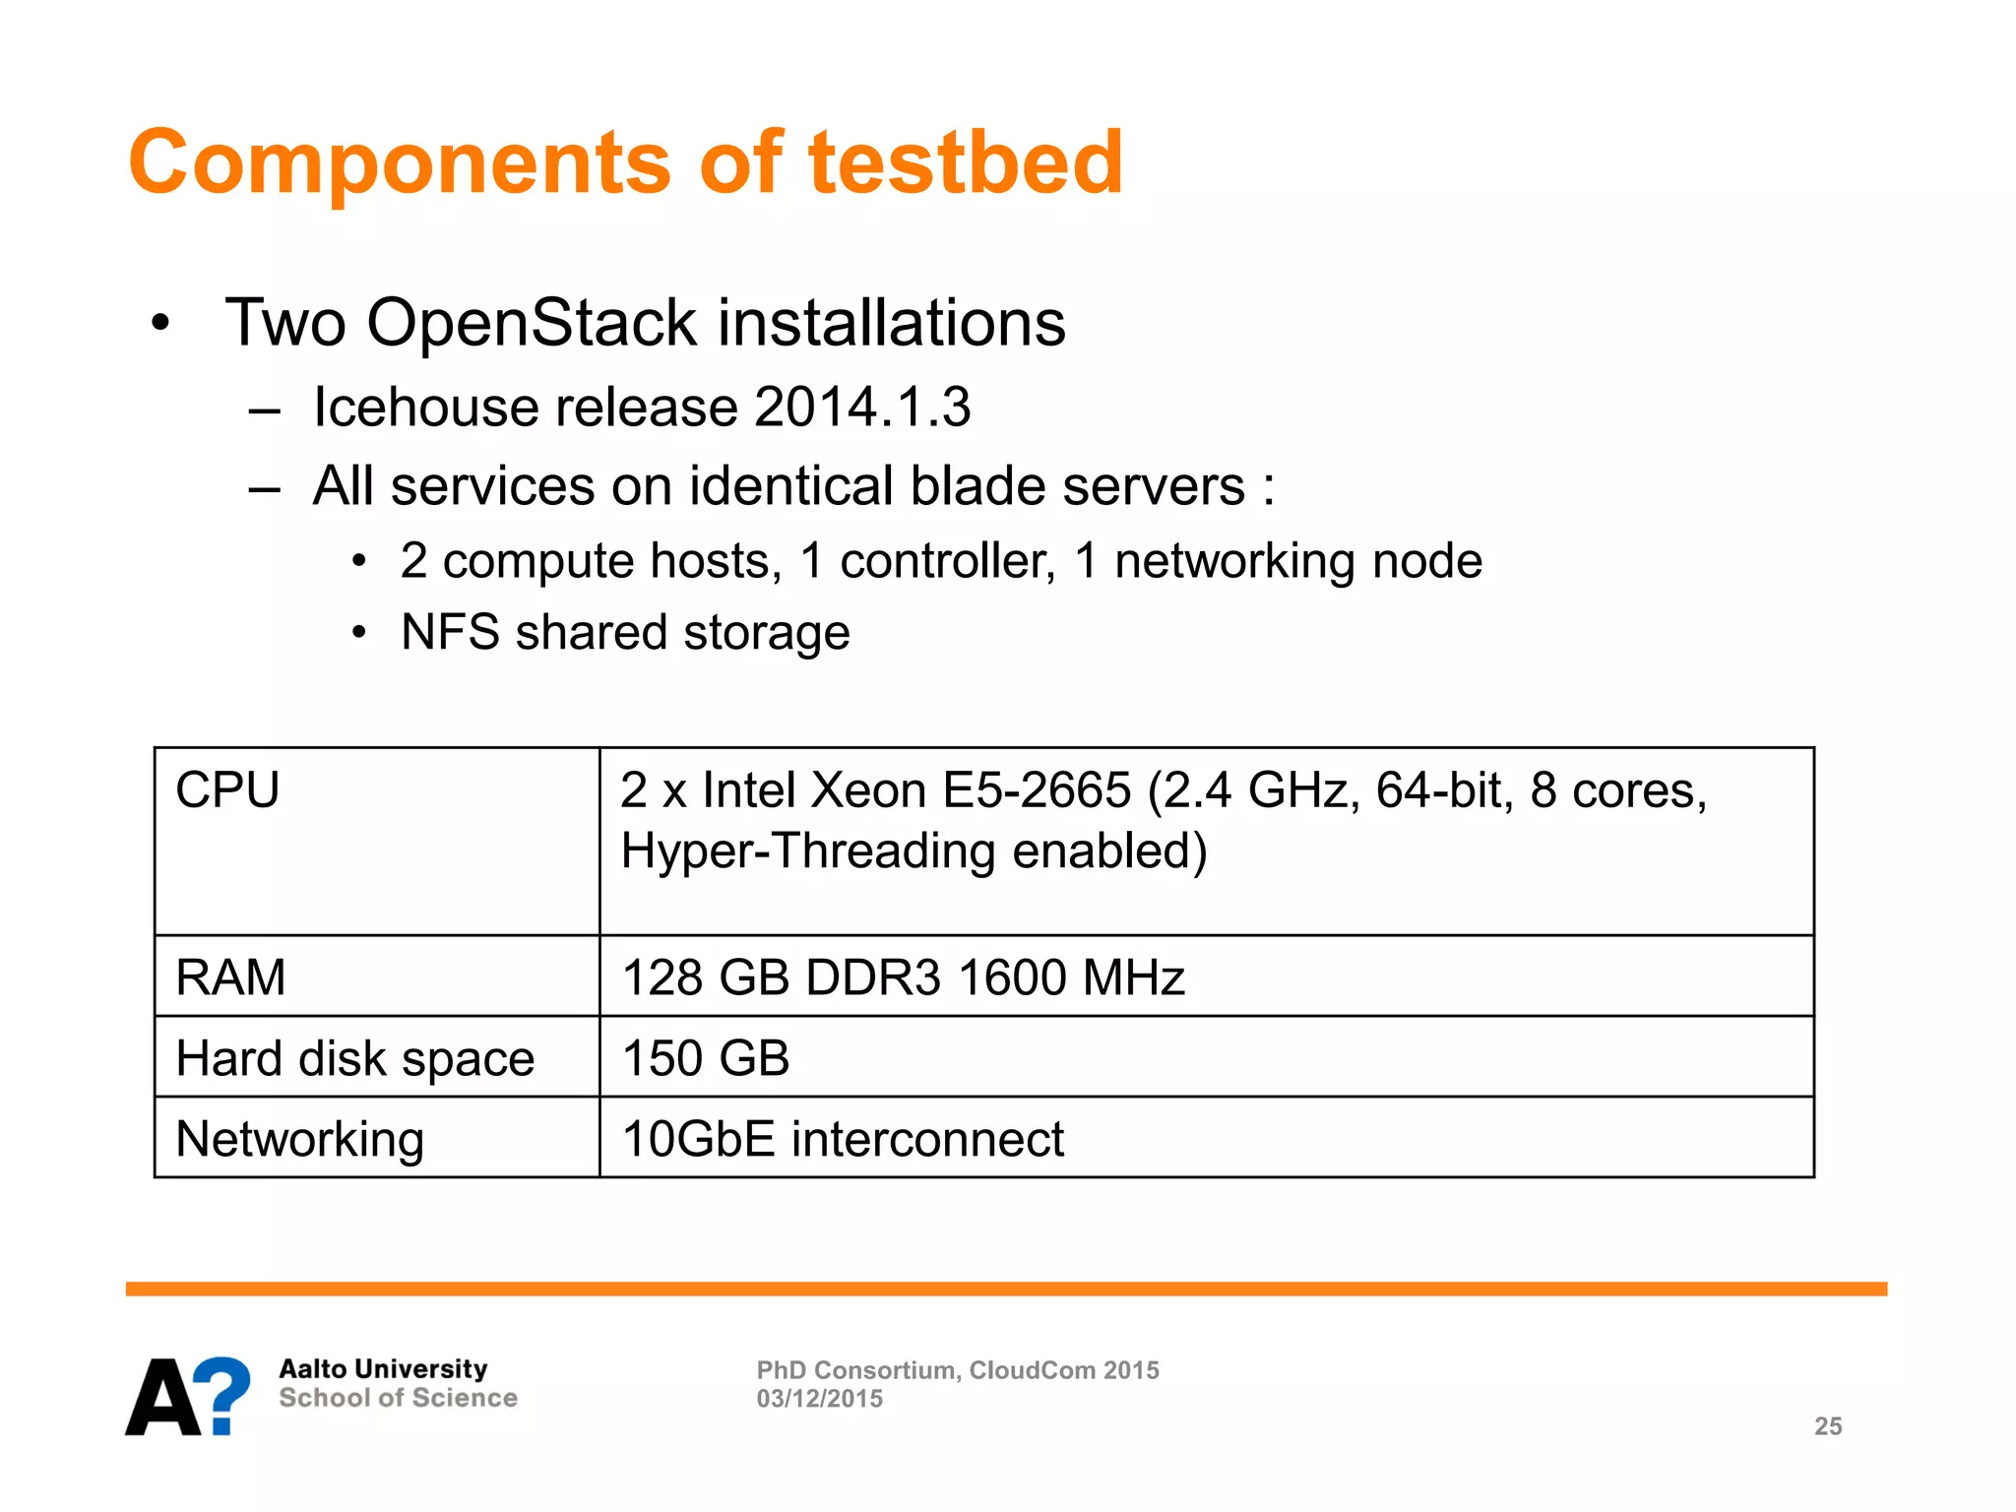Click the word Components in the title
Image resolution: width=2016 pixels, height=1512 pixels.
(x=399, y=162)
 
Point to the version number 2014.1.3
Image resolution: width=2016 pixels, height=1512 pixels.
(x=862, y=407)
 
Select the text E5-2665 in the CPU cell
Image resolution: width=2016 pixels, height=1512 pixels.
(x=1037, y=790)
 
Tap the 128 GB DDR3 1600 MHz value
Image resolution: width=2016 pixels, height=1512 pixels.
(x=903, y=977)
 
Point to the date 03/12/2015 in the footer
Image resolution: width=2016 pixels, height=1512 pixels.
(x=819, y=1399)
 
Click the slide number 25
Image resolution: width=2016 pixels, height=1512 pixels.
(x=1828, y=1426)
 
